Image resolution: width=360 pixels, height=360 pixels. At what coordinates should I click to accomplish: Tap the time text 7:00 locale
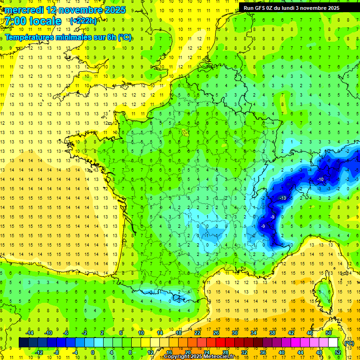click(x=33, y=21)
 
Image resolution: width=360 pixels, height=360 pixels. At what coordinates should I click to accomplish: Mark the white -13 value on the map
click(x=283, y=199)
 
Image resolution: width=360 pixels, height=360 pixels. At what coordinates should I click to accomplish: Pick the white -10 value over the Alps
click(x=320, y=180)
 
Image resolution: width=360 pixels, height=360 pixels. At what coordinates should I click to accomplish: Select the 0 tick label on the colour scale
click(x=92, y=352)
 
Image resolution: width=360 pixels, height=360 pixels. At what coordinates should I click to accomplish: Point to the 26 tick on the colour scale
click(x=216, y=333)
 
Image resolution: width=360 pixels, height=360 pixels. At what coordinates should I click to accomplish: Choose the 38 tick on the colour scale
click(x=272, y=333)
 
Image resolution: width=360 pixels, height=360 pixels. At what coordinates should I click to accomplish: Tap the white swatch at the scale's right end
click(x=333, y=343)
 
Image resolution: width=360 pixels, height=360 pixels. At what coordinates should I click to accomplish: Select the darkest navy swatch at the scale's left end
click(x=23, y=343)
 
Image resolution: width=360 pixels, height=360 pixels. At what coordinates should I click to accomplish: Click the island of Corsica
click(x=322, y=293)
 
